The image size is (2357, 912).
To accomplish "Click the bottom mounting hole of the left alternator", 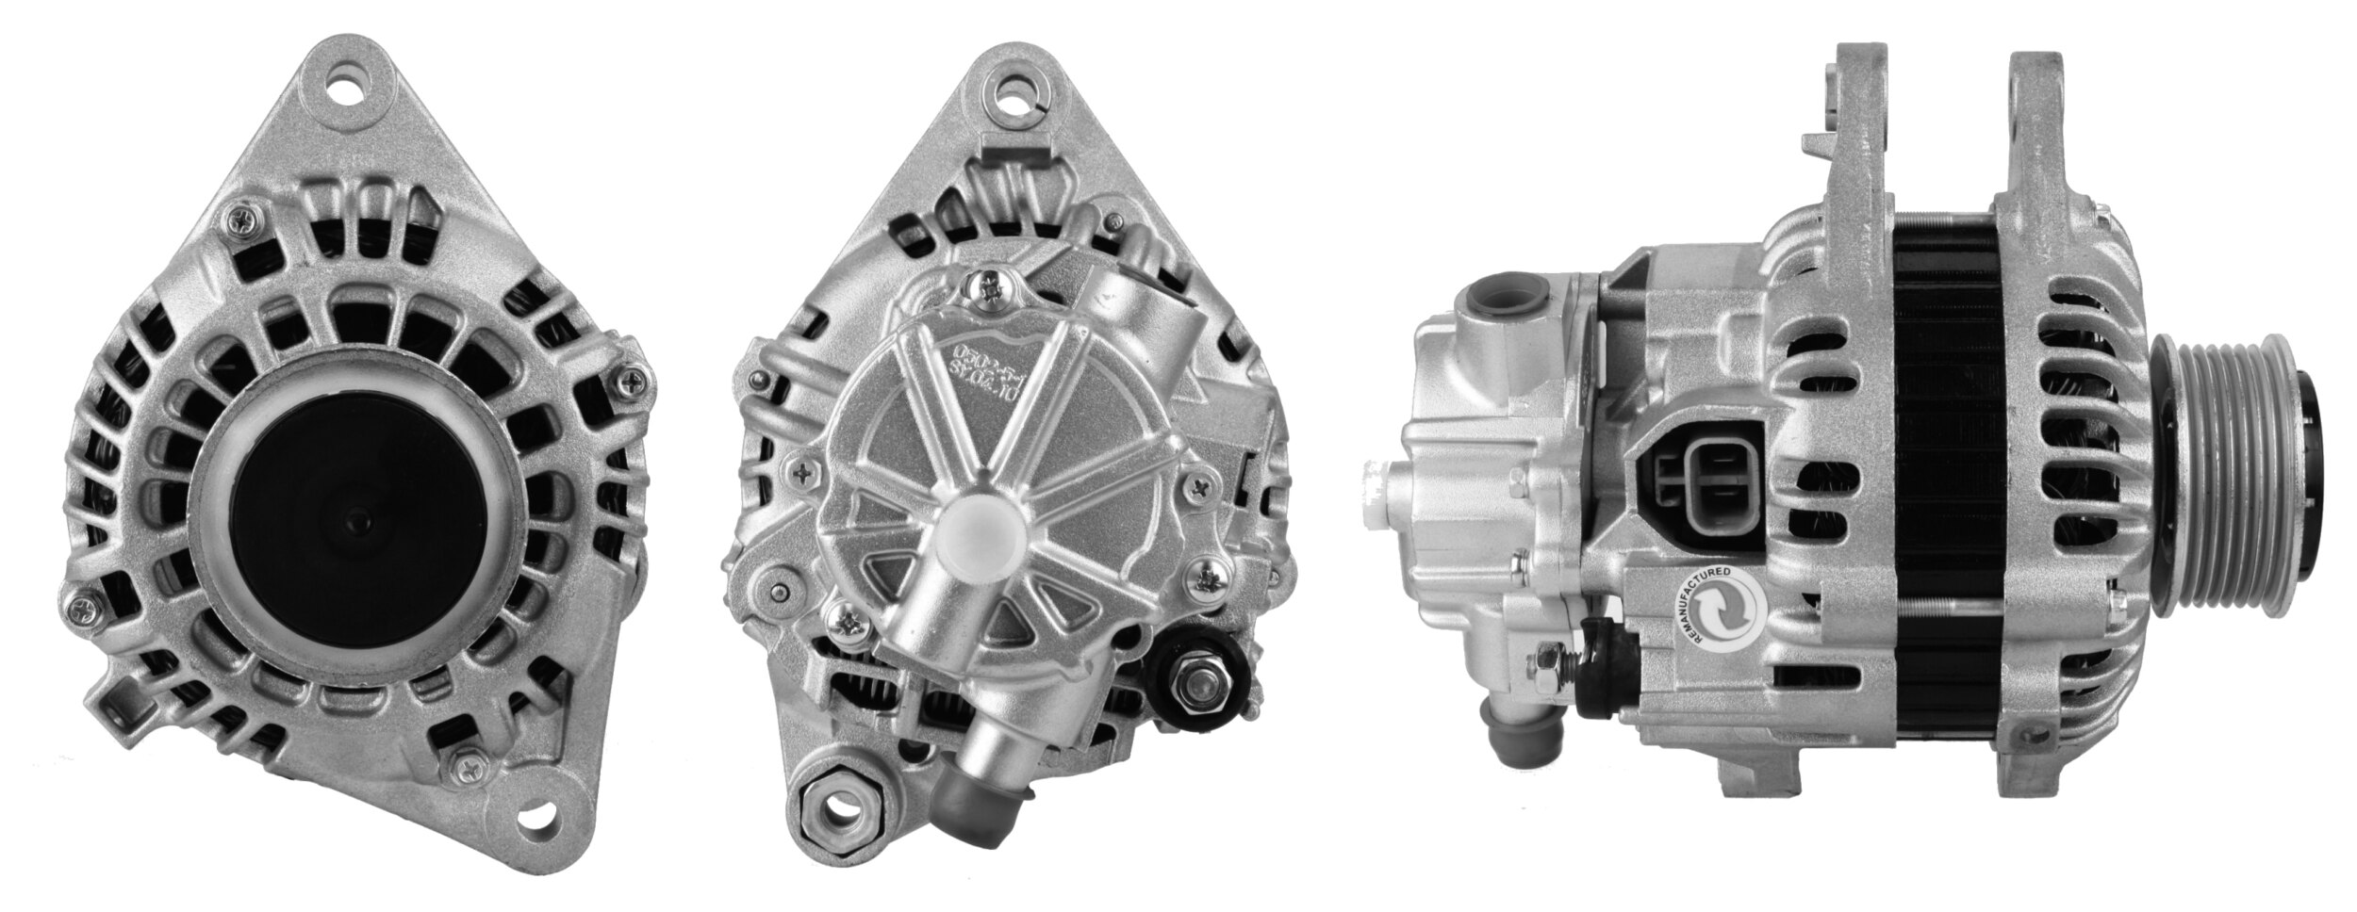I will [x=539, y=818].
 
